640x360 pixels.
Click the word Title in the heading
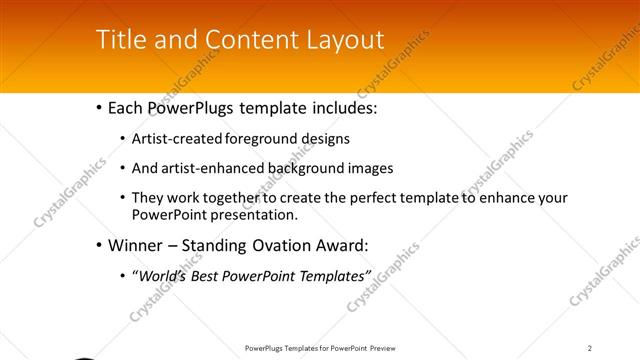point(119,39)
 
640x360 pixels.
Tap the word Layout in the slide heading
point(344,40)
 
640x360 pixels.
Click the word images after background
point(359,168)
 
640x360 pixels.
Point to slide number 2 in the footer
point(590,348)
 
